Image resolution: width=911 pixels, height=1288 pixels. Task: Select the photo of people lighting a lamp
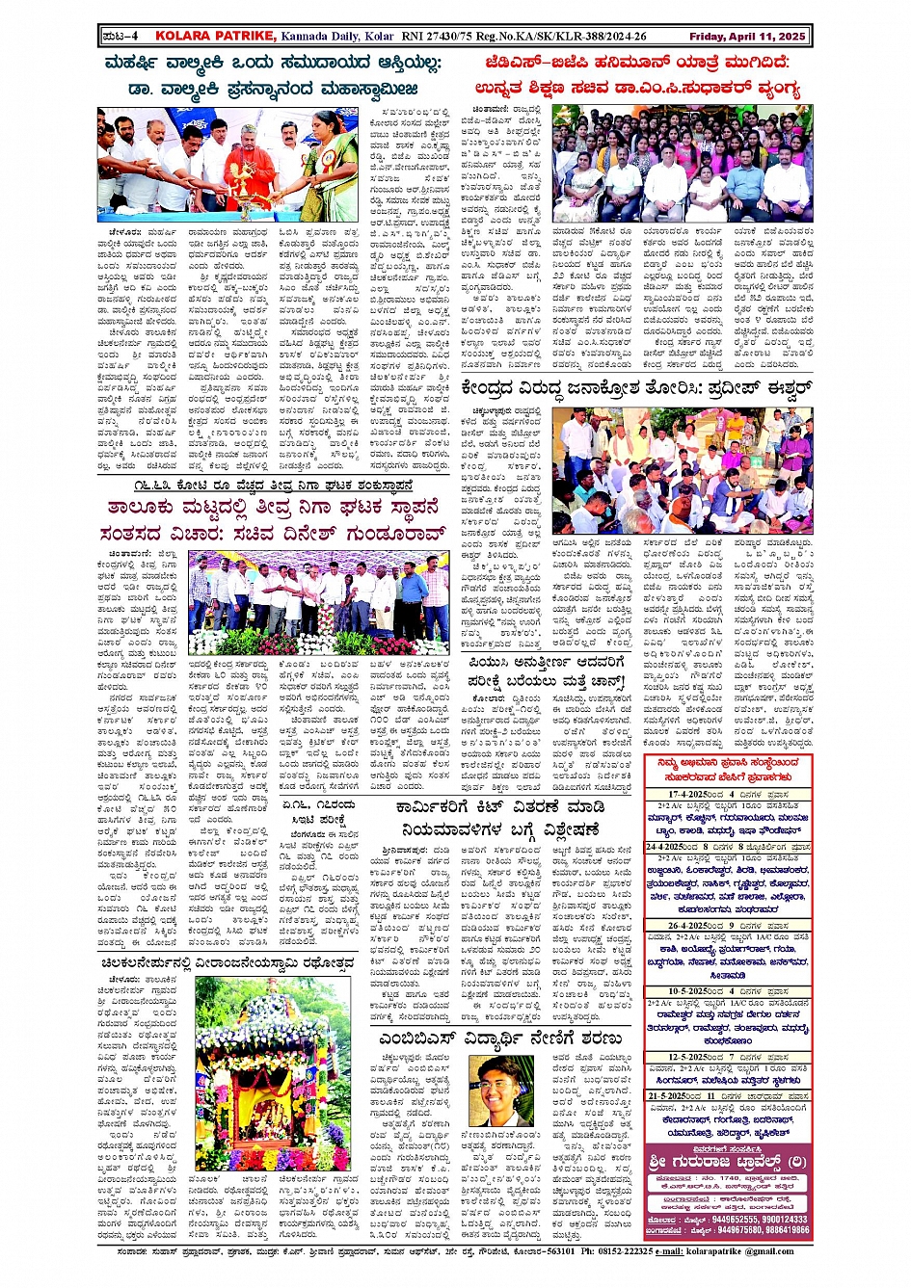pyautogui.click(x=227, y=165)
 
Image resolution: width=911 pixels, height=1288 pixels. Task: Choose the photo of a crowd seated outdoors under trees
pyautogui.click(x=683, y=469)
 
